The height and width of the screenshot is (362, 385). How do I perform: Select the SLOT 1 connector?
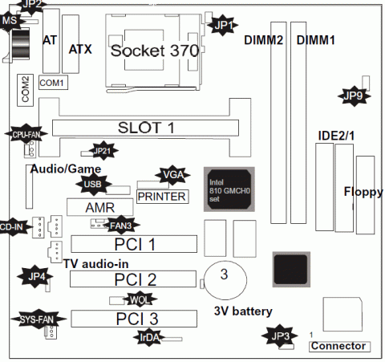pos(146,128)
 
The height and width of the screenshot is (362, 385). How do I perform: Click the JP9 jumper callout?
pos(354,95)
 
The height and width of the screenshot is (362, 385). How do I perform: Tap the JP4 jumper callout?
pos(38,277)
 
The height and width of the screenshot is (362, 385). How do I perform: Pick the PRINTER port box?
pos(161,196)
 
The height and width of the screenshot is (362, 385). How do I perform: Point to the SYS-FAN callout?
pos(32,319)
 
